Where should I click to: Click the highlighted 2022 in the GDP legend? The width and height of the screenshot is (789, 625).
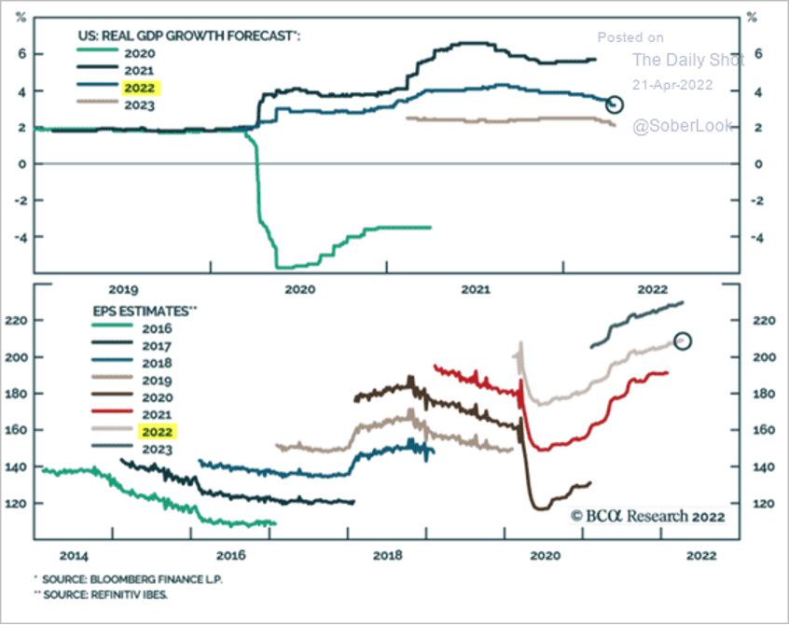pos(142,89)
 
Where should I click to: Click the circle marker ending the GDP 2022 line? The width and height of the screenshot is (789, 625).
pos(614,104)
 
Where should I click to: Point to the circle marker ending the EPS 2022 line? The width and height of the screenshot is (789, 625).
pos(683,341)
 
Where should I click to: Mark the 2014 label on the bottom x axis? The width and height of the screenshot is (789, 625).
pos(74,556)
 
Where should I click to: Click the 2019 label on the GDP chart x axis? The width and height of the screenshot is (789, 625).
pos(123,289)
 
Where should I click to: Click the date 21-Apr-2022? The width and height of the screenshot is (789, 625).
pos(672,84)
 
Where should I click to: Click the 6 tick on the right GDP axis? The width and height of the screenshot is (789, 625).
pos(758,54)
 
